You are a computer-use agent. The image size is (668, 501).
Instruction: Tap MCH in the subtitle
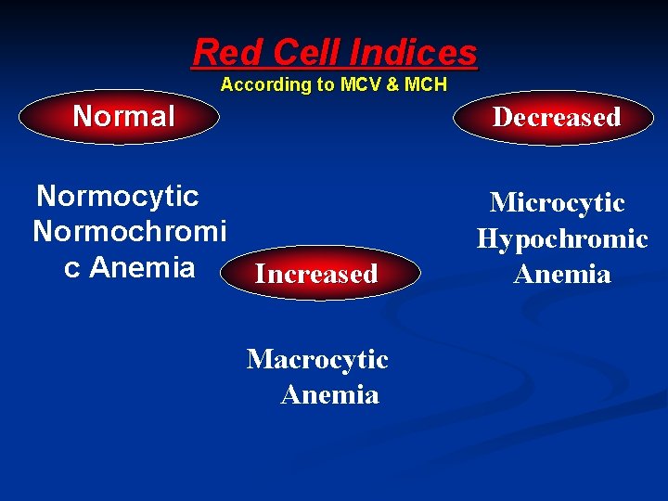[x=426, y=84]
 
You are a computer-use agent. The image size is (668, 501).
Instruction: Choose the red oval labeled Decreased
[x=555, y=117]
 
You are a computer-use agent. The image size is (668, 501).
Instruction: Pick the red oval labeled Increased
[x=317, y=274]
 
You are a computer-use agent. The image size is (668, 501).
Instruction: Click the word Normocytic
[x=118, y=196]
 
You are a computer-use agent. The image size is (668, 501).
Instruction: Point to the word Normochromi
[x=129, y=231]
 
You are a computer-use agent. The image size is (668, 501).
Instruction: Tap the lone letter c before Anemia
[x=71, y=267]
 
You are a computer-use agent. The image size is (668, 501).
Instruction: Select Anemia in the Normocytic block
[x=143, y=267]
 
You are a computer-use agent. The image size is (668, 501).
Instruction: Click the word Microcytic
[x=557, y=202]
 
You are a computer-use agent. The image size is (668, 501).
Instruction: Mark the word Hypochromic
[x=562, y=238]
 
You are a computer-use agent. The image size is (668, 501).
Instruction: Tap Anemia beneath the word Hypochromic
[x=562, y=274]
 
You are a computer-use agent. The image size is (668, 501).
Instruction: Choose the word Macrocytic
[x=317, y=359]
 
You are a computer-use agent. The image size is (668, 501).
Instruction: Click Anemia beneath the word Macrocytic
[x=329, y=394]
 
